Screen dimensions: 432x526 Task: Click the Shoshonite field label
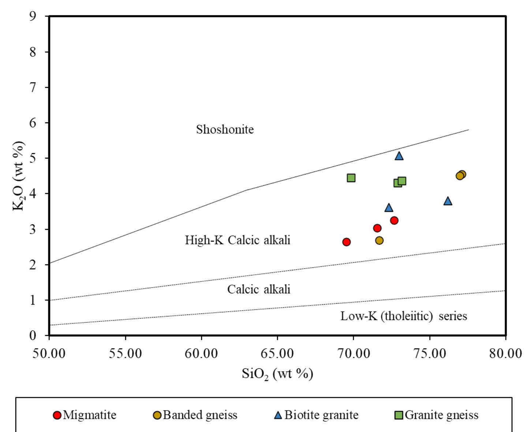(225, 129)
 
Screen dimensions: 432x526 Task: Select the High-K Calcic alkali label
(237, 240)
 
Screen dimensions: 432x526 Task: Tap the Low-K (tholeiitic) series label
(403, 316)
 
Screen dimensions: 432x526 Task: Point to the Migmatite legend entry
(85, 415)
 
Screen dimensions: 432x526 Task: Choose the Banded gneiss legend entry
(195, 415)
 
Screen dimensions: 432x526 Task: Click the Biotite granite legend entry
(317, 415)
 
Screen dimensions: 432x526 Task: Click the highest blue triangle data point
(399, 156)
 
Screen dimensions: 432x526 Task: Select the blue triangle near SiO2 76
(448, 201)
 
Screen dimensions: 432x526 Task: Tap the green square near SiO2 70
(351, 178)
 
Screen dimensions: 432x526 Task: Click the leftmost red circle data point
(347, 242)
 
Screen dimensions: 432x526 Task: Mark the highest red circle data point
(394, 220)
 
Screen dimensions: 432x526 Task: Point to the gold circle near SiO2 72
(380, 240)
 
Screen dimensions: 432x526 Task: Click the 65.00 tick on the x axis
(277, 354)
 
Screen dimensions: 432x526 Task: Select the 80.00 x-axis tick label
(506, 354)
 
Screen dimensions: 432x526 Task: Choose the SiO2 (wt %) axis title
(277, 374)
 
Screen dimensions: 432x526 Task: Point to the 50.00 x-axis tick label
(49, 354)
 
